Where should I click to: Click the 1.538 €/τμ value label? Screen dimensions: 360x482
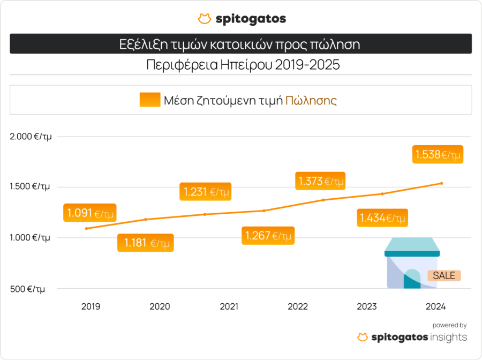pos(438,155)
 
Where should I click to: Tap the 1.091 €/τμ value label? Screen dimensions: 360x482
pos(90,213)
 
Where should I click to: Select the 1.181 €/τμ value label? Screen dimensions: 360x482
pos(146,243)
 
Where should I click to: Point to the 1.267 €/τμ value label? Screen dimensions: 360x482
pos(268,235)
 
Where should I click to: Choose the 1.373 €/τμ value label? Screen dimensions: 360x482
pos(320,181)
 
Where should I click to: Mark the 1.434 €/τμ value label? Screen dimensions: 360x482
pos(382,218)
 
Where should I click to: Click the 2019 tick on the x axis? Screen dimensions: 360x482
pos(91,306)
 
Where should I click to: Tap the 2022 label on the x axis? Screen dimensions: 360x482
pos(298,306)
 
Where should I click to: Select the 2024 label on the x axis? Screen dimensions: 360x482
pos(435,306)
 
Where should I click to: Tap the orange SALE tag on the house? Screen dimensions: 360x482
pos(444,275)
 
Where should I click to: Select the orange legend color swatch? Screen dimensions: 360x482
pos(150,100)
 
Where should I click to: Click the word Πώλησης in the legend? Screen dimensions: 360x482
pos(311,100)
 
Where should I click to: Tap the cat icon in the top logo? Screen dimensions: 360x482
pos(204,19)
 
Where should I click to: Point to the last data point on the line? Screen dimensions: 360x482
pos(441,183)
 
